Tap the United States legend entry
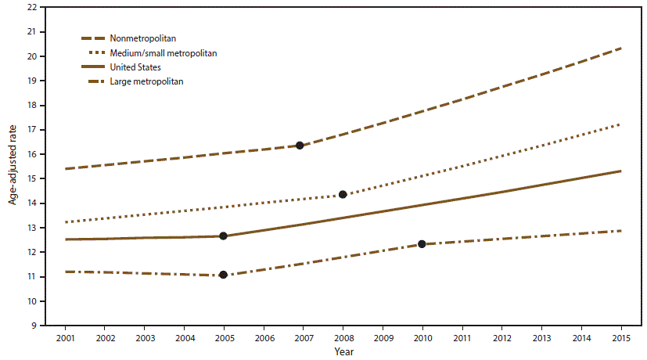coord(146,67)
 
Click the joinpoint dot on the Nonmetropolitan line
coord(300,146)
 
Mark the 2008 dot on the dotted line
coord(343,194)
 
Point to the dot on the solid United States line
coord(223,236)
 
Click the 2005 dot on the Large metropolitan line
coord(223,275)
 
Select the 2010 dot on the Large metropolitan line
coord(422,244)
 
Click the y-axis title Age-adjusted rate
coord(13,165)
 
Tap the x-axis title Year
coord(343,352)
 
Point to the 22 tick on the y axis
coord(31,8)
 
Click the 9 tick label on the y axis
coord(33,326)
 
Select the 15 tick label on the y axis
coord(31,178)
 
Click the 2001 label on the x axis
coord(65,337)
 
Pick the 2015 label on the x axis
coord(620,337)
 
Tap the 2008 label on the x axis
coord(343,337)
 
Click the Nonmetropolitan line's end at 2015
coord(620,49)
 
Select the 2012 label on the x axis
coord(501,337)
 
